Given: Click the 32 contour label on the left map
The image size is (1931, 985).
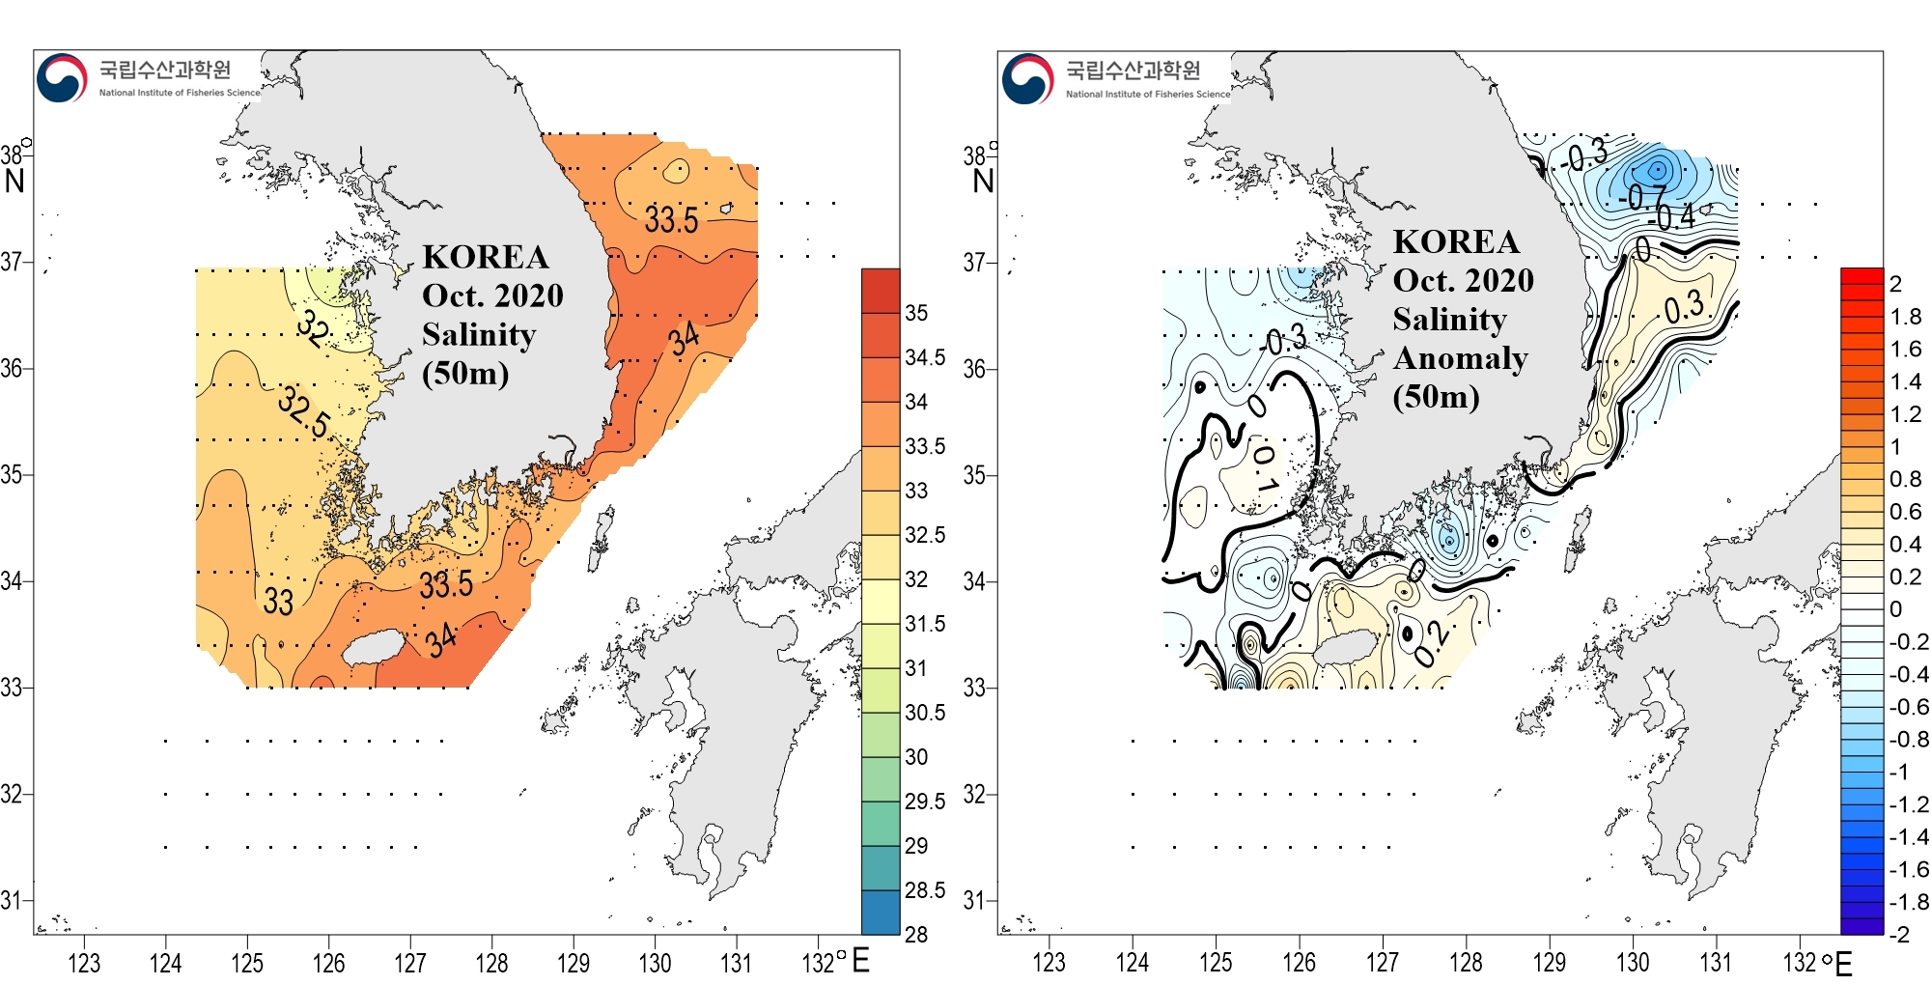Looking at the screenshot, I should [313, 327].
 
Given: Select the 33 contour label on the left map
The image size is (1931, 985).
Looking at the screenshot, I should [278, 602].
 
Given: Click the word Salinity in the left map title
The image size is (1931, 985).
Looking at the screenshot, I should [479, 334].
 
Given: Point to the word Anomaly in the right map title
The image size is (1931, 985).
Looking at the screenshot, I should [1461, 357].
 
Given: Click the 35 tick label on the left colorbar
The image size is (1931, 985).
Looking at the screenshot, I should [916, 313].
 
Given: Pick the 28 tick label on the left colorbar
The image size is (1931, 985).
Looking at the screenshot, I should [916, 934].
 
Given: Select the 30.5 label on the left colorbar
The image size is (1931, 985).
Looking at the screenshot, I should [925, 713].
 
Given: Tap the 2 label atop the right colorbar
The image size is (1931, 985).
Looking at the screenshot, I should [1895, 284].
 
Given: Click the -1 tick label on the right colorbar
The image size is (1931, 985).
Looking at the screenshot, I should [1898, 772].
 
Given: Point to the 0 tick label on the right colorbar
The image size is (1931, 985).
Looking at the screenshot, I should [1895, 609].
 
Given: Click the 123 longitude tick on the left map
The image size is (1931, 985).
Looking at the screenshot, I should [84, 963].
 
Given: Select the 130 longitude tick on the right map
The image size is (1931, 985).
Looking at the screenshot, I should [1633, 963].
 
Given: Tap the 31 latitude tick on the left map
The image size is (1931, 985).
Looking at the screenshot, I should [12, 900].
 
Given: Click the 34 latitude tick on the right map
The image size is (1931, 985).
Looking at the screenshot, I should [975, 581].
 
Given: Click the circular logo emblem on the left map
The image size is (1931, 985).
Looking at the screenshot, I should [62, 78].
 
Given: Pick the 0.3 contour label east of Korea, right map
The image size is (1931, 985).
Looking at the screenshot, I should [1685, 308].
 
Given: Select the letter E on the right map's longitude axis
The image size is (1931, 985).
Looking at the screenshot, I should [1843, 963].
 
